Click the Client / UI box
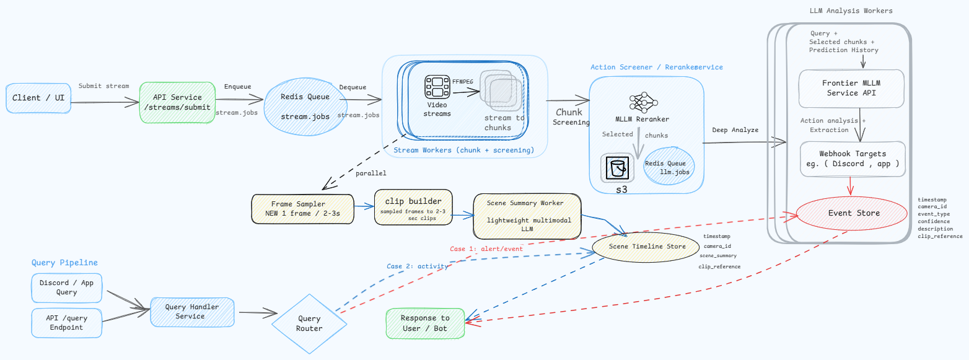(x=38, y=99)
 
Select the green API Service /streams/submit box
(x=177, y=103)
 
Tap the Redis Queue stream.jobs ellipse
(x=305, y=107)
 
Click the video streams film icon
(x=437, y=87)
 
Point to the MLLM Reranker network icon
(x=643, y=103)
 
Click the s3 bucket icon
(x=617, y=168)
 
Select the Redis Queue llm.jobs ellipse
(x=669, y=166)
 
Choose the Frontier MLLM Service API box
(x=851, y=88)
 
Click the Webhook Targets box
(x=853, y=159)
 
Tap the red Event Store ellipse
(x=851, y=213)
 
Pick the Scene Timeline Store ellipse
(x=646, y=247)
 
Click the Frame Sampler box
(x=303, y=209)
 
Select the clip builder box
(x=413, y=207)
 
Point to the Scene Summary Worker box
(x=527, y=216)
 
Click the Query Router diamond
(x=309, y=323)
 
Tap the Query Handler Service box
(x=192, y=312)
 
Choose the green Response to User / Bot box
(x=425, y=323)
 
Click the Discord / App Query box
(x=67, y=288)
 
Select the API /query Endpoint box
(x=67, y=323)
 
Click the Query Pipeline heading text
(x=64, y=263)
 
